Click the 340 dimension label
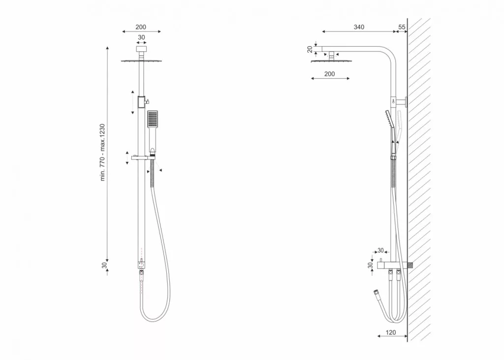click(359, 27)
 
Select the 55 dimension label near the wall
click(402, 27)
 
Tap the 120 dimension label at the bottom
click(390, 332)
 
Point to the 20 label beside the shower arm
click(310, 49)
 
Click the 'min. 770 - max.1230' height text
click(102, 152)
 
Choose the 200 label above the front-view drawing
click(140, 27)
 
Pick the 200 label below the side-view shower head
click(329, 74)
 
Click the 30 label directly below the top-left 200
click(141, 37)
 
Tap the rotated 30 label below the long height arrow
click(104, 265)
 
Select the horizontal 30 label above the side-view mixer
click(380, 250)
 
